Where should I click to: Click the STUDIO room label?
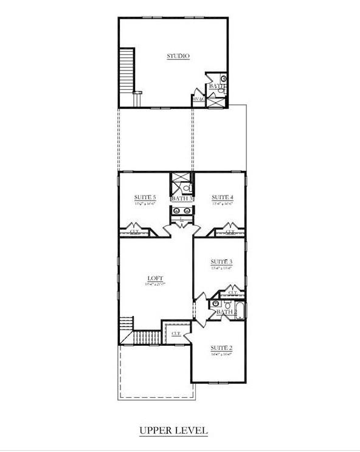[x=178, y=56]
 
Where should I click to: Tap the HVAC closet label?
[x=198, y=98]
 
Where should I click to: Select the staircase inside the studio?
[x=126, y=69]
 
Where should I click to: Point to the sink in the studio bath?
[x=223, y=79]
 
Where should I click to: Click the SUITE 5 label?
[x=145, y=197]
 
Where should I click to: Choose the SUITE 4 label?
[x=222, y=197]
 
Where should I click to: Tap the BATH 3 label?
[x=182, y=199]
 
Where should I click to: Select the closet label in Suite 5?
[x=134, y=231]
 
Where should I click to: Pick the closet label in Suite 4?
[x=230, y=231]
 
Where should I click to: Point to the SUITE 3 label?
[x=221, y=261]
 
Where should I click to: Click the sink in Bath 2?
[x=215, y=303]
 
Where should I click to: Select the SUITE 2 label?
[x=221, y=347]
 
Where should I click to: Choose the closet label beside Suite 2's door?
[x=176, y=334]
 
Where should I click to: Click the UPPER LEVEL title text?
[x=173, y=430]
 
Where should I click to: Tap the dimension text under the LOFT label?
[x=155, y=284]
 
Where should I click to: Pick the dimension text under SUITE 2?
[x=221, y=353]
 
